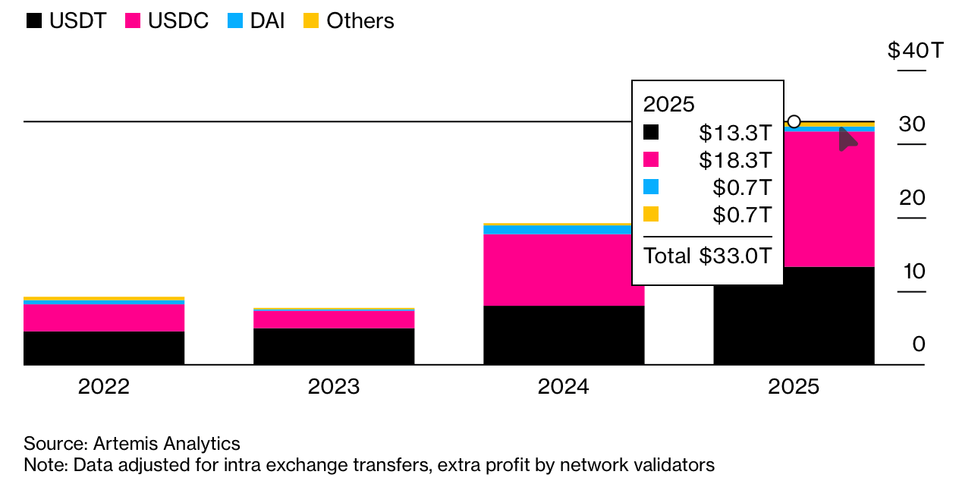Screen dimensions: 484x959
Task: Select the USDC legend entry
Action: click(167, 20)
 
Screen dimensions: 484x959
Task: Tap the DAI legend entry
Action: click(256, 20)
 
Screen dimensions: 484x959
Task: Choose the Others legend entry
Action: click(350, 20)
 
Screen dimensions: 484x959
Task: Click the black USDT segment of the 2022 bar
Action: click(104, 348)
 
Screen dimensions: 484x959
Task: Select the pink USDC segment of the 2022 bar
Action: click(104, 318)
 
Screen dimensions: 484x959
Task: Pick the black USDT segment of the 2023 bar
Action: click(334, 347)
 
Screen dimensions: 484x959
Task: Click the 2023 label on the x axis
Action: click(334, 387)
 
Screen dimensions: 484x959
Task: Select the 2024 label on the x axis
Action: click(564, 387)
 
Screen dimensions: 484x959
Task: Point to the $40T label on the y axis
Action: click(915, 51)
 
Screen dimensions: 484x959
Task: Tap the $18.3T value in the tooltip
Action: click(734, 160)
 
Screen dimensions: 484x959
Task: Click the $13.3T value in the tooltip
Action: click(734, 133)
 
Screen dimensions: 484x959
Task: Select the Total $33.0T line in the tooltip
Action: click(707, 256)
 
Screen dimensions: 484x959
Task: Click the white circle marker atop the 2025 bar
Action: click(794, 121)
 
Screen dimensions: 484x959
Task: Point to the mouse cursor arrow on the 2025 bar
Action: click(846, 139)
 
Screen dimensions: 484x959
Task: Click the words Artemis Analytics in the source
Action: click(167, 444)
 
